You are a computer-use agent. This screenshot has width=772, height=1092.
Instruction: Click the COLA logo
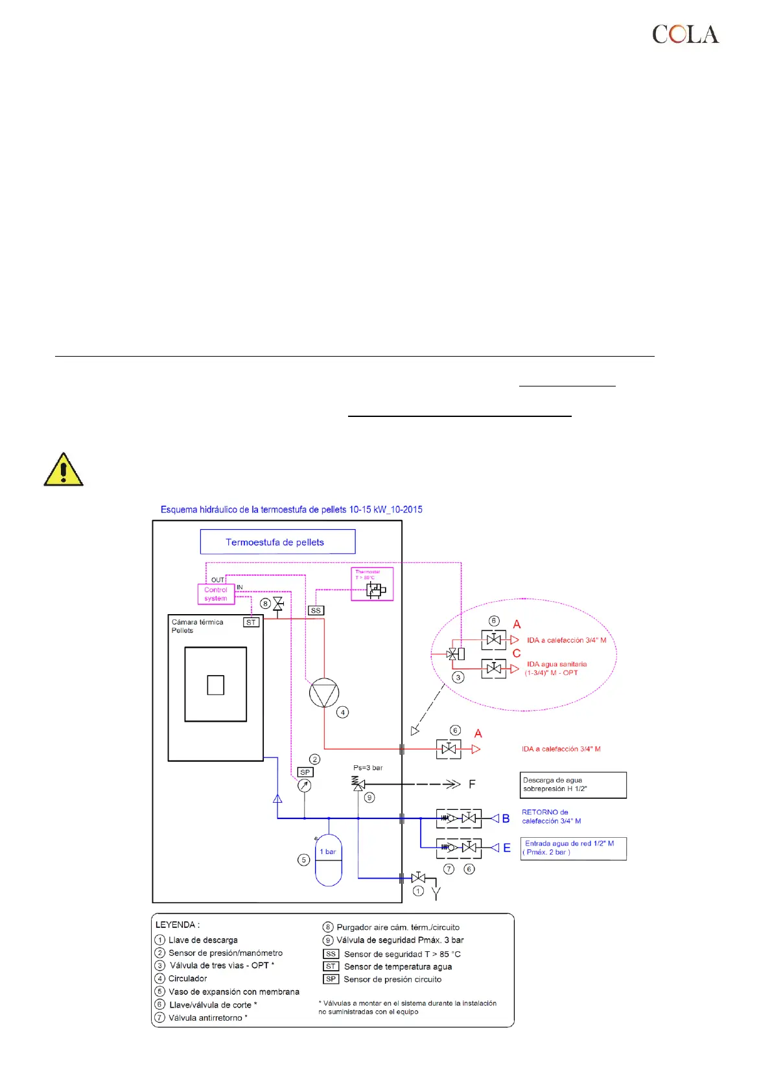(685, 34)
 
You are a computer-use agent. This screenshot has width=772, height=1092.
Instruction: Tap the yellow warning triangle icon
(63, 470)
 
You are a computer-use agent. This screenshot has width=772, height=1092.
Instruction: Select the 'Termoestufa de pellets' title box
(277, 542)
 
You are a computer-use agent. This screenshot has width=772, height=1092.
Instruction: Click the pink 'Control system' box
(216, 594)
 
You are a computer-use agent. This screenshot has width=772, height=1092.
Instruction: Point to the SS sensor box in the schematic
(316, 610)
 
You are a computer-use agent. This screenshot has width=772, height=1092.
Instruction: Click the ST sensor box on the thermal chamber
(251, 622)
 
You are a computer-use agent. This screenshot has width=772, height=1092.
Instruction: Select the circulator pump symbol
(324, 693)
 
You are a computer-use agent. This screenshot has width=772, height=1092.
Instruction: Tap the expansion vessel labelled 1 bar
(329, 859)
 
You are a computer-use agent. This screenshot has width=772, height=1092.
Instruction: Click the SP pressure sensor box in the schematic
(305, 772)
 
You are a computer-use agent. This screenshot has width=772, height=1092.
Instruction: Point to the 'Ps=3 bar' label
(368, 768)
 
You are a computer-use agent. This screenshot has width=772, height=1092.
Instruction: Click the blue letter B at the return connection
(506, 818)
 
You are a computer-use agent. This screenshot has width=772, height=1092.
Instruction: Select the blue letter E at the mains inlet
(506, 848)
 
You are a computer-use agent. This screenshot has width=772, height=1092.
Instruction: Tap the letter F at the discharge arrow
(472, 785)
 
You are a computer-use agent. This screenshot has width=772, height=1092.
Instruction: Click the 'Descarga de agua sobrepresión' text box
(573, 785)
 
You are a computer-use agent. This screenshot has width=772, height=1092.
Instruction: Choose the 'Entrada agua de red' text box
(573, 848)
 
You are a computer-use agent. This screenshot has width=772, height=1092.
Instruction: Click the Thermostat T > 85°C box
(372, 584)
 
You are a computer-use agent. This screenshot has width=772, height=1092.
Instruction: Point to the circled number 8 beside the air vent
(265, 604)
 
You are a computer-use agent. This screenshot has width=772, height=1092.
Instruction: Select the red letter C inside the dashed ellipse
(517, 653)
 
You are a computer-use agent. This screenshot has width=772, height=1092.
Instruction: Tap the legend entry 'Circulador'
(187, 979)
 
